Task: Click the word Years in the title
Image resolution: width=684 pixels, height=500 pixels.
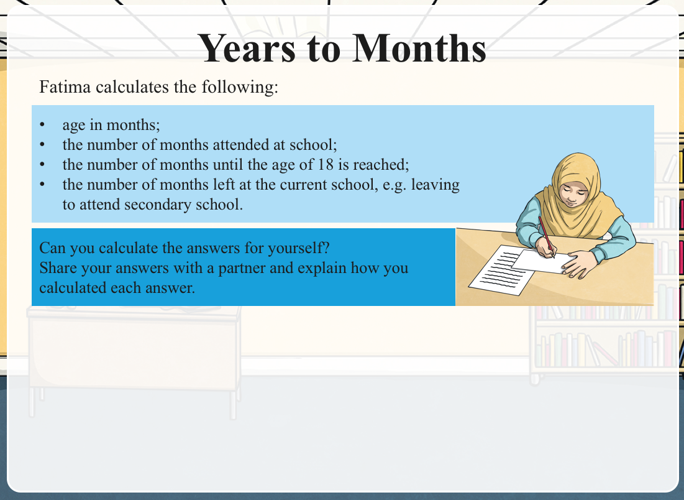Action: tap(247, 48)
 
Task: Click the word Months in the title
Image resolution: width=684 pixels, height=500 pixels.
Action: tap(419, 48)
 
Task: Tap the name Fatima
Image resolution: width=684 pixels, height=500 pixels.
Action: tap(65, 86)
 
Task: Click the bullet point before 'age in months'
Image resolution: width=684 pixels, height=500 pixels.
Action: tap(42, 124)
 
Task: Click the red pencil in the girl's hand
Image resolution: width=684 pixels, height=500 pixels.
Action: tap(546, 237)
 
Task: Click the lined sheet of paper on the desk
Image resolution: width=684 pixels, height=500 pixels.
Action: tap(501, 271)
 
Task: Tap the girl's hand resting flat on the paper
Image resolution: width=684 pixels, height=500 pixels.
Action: tap(578, 264)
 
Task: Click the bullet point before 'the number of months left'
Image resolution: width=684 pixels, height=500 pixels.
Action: tap(42, 184)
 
